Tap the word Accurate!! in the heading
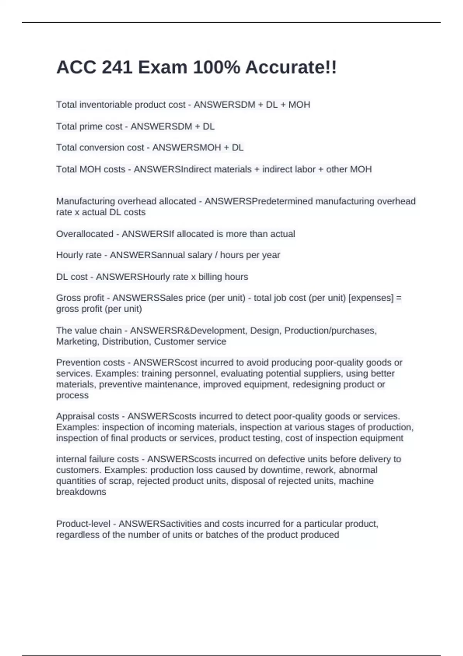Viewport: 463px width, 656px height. point(291,68)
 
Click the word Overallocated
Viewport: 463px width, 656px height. point(84,234)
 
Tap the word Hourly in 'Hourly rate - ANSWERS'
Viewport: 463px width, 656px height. point(69,255)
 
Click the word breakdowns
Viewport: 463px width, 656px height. point(81,492)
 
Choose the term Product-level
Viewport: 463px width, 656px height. point(83,524)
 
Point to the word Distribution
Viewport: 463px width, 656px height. point(126,342)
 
